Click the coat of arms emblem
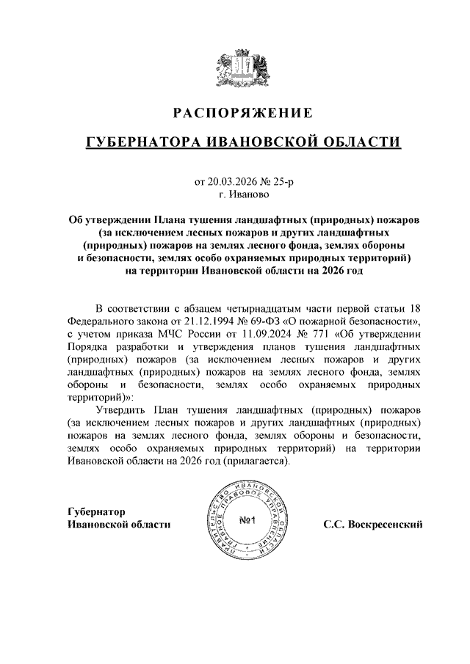click(235, 66)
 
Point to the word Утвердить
click(122, 409)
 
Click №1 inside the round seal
click(247, 522)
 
